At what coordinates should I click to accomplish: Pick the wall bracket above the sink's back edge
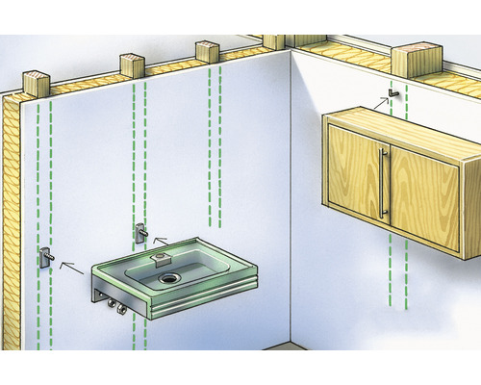point(141,231)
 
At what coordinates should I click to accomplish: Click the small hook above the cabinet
point(391,93)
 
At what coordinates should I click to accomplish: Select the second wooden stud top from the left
point(132,64)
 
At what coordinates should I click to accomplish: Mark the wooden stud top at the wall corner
point(274,40)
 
